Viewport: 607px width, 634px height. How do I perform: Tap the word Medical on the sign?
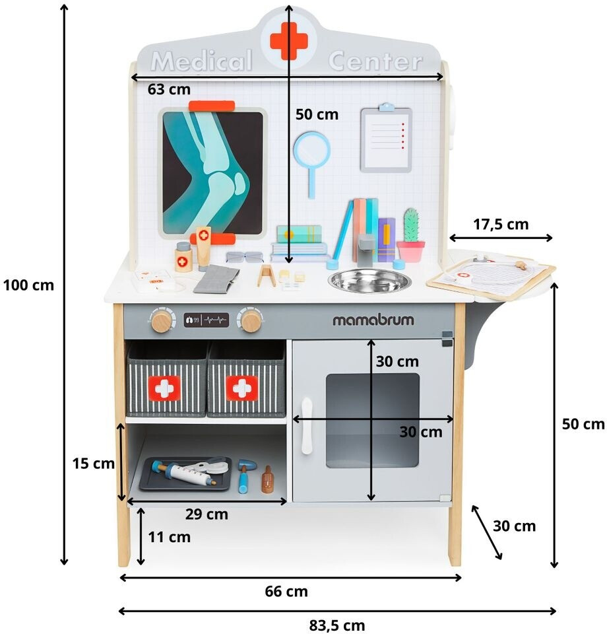point(202,61)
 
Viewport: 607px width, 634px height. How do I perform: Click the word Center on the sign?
point(375,61)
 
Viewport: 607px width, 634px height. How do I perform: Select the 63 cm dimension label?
point(169,88)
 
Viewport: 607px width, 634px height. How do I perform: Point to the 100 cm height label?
point(28,285)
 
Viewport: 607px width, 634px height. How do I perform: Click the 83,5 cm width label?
point(336,625)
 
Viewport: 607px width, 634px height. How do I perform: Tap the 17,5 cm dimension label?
point(501,224)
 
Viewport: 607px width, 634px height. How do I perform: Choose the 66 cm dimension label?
point(287,591)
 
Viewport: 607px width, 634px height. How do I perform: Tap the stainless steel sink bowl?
point(369,280)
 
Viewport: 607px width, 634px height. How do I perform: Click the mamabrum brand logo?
point(373,320)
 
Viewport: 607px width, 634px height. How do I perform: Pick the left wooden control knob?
point(161,322)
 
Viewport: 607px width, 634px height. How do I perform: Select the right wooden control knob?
point(250,322)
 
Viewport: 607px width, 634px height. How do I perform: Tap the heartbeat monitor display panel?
point(207,320)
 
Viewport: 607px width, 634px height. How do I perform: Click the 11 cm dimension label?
point(169,537)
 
